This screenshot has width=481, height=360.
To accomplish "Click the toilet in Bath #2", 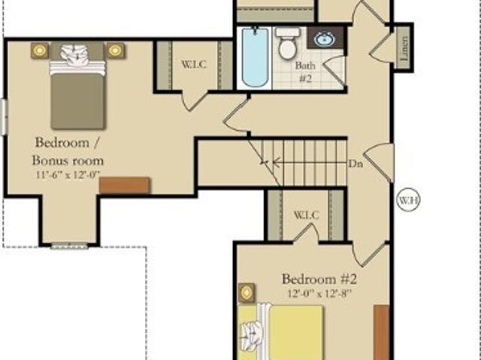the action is coord(288,44).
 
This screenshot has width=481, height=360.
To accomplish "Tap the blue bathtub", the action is coord(255,57).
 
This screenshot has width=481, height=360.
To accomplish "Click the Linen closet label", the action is coord(404,47).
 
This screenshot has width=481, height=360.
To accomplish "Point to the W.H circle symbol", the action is coord(408,200).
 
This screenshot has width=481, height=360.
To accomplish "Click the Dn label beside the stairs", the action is coord(355,164).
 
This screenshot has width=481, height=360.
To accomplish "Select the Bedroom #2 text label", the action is coord(319,279).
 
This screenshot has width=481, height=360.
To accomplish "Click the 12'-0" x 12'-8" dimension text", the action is coord(319,293).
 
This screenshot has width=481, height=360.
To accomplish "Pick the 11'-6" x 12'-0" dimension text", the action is coord(68,175).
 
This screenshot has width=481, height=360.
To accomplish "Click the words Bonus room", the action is coord(68,160).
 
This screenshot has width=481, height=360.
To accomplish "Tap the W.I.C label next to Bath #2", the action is coord(194,65).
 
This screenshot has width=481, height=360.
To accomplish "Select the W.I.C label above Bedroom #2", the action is coord(306,215).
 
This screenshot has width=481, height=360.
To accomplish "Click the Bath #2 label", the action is coord(305,71).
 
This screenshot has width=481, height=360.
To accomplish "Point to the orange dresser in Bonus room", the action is coord(125,185).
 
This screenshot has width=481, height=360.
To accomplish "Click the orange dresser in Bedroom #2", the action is coord(382,332).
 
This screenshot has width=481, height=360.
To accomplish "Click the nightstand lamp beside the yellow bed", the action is coord(247,292).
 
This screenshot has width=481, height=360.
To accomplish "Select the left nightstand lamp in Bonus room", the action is coord(40,50).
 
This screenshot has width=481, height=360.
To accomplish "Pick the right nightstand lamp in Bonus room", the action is coord(115,50).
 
